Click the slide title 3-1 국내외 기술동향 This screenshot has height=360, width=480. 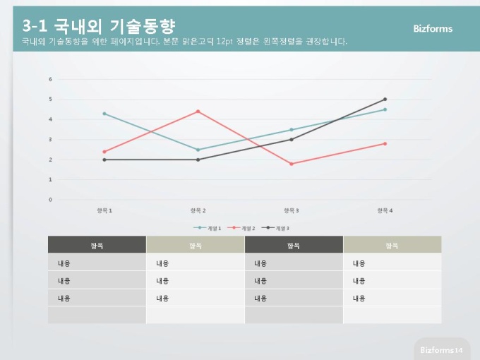pos(98,26)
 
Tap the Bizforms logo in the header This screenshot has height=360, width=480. pos(433,29)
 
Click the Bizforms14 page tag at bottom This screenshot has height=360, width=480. pos(440,350)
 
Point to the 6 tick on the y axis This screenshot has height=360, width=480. pos(50,79)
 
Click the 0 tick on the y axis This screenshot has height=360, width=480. pos(50,200)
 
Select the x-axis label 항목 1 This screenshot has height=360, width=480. pos(104,210)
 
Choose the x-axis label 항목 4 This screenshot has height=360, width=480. pos(385,210)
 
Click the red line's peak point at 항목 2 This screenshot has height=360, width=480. pos(198,112)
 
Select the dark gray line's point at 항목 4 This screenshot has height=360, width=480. pos(385,100)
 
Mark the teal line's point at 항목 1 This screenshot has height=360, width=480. pos(104,114)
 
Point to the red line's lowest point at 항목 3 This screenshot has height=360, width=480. pos(292,164)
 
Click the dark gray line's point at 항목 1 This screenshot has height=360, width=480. pos(104,160)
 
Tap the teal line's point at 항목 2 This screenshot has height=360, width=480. pos(198,150)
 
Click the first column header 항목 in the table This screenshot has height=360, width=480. pos(97,246)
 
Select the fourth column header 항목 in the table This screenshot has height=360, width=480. pos(392,246)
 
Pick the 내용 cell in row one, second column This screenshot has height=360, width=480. pos(162,263)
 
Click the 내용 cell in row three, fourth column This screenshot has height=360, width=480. pos(359,299)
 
